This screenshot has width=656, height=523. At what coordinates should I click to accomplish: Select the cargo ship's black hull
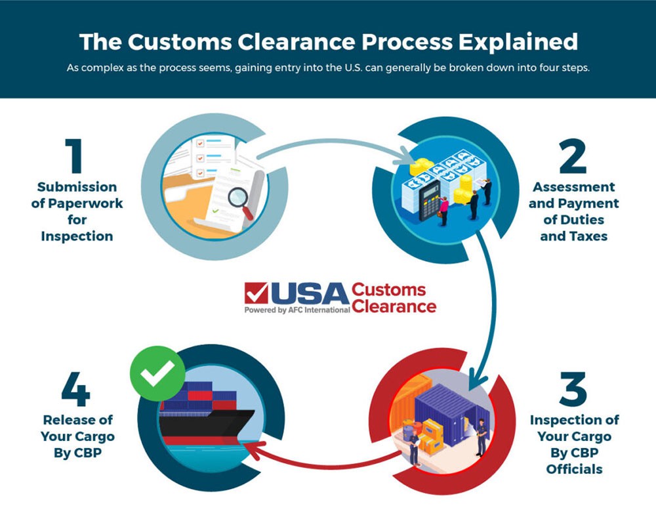(197, 426)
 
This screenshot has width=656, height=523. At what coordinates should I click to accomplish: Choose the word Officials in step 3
(574, 469)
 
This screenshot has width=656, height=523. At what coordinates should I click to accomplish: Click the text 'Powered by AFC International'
(297, 310)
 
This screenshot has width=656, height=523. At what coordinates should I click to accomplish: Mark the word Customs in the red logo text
(388, 290)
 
